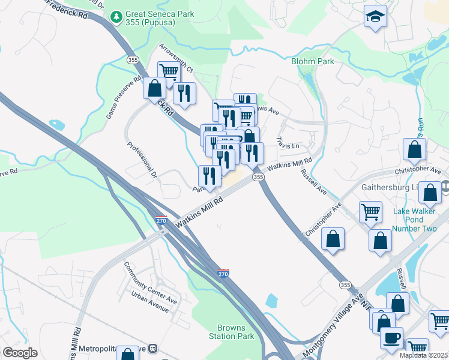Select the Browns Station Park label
pos(231,332)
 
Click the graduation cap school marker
pos(375,16)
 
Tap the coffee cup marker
pos(391,337)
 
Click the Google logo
pos(20,353)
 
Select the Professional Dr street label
pos(142,160)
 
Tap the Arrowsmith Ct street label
pos(176,58)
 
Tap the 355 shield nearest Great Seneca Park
pos(133,59)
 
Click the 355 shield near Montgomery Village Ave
pos(345,284)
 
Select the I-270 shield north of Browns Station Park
pos(223,273)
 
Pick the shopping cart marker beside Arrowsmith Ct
pos(169,72)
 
